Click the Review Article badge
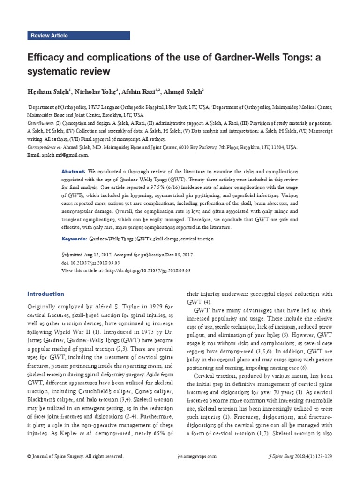[x=49, y=36]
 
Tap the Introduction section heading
[x=45, y=294]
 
